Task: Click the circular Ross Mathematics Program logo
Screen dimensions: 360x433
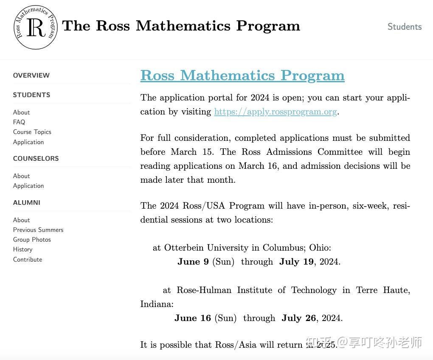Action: pos(35,28)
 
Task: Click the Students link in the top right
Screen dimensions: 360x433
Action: pos(404,27)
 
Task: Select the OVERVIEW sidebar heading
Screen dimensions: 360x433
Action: pos(31,75)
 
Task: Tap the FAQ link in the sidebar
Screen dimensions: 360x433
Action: pos(19,122)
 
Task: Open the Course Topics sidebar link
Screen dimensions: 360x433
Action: pos(32,132)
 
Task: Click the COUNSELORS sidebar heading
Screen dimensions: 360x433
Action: pos(36,159)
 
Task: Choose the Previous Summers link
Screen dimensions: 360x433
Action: pos(38,230)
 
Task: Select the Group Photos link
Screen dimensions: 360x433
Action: pos(32,240)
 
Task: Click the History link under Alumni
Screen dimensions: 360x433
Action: pos(22,249)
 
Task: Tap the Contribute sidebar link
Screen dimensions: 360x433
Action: pos(28,260)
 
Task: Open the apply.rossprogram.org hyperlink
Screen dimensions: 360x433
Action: pos(275,112)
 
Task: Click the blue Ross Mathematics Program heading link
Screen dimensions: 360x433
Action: pos(242,75)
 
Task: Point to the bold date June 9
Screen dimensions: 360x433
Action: pos(193,262)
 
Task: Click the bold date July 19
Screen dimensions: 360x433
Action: pos(296,262)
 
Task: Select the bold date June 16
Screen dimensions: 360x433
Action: pos(192,318)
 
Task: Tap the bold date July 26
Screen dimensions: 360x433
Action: pos(299,318)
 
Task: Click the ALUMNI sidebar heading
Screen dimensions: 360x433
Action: pos(26,203)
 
